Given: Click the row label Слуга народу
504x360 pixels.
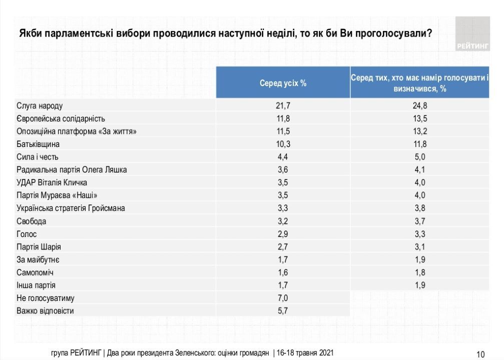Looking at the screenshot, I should (40, 105).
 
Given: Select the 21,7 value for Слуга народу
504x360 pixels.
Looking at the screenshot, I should (283, 105).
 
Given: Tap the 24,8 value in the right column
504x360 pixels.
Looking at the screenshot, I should (419, 105).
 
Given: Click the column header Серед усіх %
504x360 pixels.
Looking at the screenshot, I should (283, 83).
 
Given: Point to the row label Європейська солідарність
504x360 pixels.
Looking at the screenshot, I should (61, 118).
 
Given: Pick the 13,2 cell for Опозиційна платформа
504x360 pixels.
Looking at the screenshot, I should (419, 131).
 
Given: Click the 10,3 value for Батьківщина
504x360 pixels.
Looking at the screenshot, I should (283, 144).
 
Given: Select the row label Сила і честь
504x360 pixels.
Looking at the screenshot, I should (38, 157).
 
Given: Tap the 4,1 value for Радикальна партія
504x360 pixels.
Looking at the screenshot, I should (419, 169).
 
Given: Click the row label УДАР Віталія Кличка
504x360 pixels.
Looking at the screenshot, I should (52, 182).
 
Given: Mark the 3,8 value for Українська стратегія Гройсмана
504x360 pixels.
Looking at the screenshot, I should (419, 208).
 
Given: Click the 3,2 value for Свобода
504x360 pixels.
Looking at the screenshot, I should (283, 221).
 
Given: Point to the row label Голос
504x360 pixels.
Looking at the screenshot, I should (27, 234).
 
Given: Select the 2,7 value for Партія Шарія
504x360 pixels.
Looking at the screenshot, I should (283, 246).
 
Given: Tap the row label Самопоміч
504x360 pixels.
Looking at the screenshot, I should (35, 272).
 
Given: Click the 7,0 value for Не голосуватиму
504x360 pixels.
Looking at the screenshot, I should (283, 298).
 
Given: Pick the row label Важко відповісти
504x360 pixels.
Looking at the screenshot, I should (45, 311).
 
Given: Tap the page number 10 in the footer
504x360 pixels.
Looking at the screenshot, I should (480, 354).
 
